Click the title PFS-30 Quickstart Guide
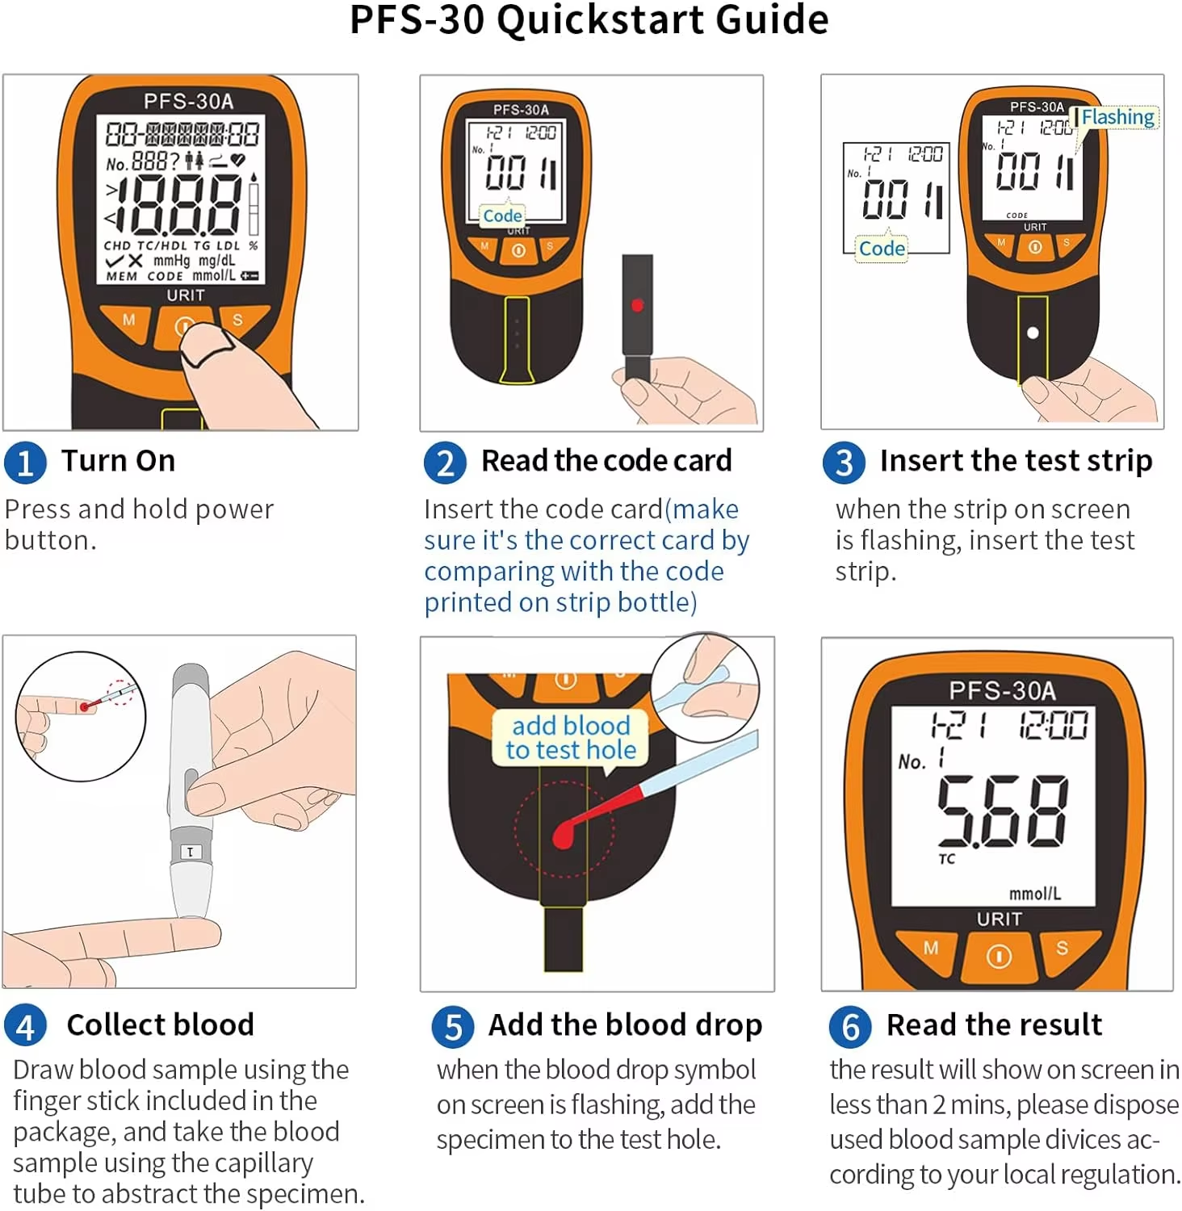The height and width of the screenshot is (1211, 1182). tap(589, 20)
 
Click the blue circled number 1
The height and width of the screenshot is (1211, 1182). tap(25, 463)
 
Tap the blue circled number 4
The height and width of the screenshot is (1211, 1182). tap(25, 1026)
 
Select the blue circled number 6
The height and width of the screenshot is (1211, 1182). tap(850, 1026)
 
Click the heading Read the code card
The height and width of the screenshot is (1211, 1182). tap(606, 461)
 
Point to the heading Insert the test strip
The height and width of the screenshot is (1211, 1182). tap(1016, 461)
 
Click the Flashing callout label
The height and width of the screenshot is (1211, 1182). tap(1117, 117)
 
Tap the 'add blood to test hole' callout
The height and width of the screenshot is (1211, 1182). tap(571, 737)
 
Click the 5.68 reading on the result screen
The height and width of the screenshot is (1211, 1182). tap(1002, 811)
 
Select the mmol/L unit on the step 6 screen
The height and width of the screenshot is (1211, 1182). tap(1034, 893)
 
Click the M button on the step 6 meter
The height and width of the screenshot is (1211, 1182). tap(930, 948)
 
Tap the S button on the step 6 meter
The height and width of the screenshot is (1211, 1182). tap(1062, 948)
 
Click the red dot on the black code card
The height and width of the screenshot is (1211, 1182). tap(637, 305)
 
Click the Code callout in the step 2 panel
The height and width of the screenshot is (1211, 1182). tap(502, 216)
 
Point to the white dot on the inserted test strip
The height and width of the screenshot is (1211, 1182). tap(1032, 333)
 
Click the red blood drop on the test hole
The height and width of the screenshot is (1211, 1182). tap(564, 837)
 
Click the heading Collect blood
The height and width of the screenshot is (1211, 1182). tap(160, 1025)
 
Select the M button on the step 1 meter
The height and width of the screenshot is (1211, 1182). tap(128, 320)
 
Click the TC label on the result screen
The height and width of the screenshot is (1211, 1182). tap(946, 859)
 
